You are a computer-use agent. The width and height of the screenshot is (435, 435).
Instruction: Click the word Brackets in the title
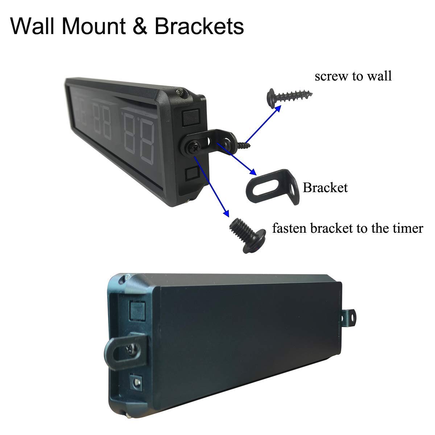[199, 26]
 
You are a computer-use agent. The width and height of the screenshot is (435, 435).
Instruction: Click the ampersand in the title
[140, 26]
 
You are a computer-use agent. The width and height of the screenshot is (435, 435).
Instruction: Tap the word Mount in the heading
[94, 26]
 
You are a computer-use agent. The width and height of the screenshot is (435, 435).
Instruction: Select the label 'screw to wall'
[353, 76]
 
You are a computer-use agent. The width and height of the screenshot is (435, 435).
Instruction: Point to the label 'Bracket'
[325, 187]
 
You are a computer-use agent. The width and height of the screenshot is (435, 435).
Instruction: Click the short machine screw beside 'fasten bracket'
[248, 235]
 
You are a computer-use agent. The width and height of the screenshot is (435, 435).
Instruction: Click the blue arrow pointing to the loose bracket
[237, 159]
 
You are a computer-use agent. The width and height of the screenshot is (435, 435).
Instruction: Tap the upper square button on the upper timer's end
[191, 117]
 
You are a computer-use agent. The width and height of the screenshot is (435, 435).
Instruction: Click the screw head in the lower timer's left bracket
[132, 349]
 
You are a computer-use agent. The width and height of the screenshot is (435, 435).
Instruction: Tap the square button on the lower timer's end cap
[137, 310]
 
